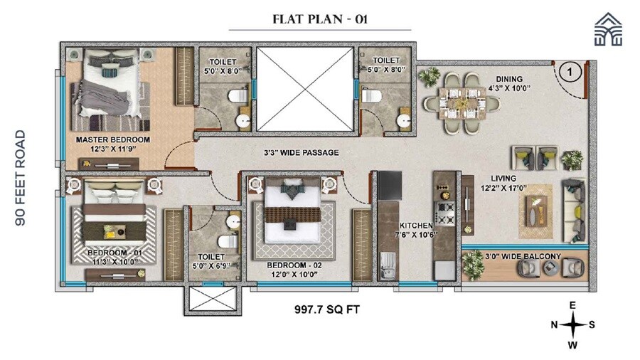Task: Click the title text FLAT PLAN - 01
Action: pyautogui.click(x=319, y=18)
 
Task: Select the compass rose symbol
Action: pyautogui.click(x=572, y=325)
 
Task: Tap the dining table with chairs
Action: pyautogui.click(x=461, y=104)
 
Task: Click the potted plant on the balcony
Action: pyautogui.click(x=471, y=265)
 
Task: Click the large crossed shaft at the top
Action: pyautogui.click(x=304, y=89)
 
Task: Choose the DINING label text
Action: pyautogui.click(x=510, y=79)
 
